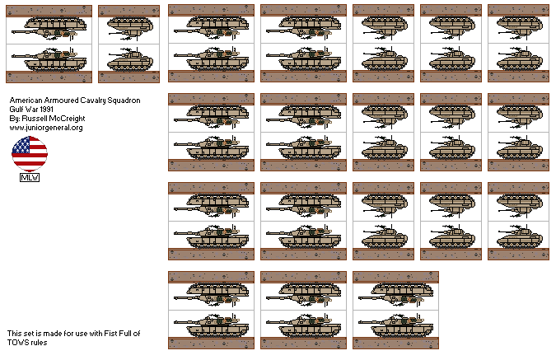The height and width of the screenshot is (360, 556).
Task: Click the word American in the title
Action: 26,101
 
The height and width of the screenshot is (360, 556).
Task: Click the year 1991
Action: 45,110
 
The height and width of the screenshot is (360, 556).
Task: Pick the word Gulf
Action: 16,110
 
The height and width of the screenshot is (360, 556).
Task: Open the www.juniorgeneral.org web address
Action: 46,128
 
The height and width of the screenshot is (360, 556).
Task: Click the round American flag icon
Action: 30,154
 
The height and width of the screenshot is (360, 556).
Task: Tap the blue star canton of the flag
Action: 21,146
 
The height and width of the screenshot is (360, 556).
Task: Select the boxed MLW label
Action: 30,178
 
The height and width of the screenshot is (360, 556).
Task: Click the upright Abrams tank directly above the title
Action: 49,58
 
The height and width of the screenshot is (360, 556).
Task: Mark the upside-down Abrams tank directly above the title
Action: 49,28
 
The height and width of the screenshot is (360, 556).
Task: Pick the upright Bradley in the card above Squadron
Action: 130,59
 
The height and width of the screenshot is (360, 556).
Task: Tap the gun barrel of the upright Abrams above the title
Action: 25,56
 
